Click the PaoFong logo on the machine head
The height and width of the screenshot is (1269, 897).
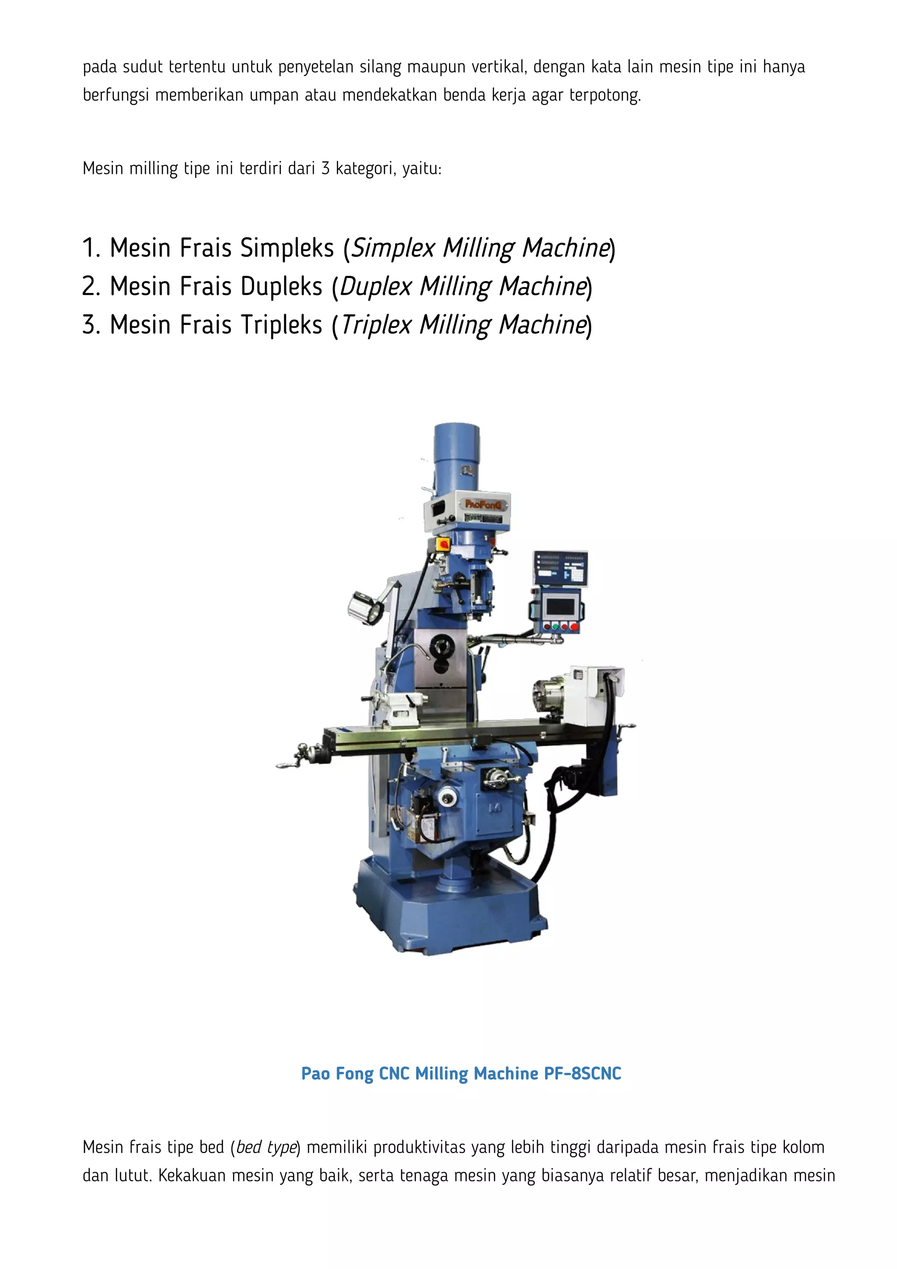pos(478,504)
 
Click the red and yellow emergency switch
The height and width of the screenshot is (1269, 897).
pos(443,544)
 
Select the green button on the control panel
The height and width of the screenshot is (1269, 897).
pos(555,627)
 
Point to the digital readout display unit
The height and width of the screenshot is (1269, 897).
pos(560,568)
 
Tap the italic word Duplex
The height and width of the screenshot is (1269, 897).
pos(376,287)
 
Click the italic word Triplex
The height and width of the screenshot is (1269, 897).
pos(376,325)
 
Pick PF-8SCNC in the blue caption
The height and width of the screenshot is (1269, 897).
pos(583,1073)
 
